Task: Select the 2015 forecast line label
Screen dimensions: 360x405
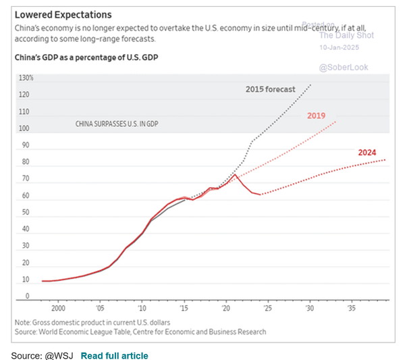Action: [270, 89]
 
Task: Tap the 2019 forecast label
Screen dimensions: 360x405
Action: [317, 116]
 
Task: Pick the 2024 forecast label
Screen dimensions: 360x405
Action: [367, 152]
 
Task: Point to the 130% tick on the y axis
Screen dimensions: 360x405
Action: [26, 78]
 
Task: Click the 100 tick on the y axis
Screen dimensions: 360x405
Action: [25, 128]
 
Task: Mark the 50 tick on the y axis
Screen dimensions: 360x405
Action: [26, 212]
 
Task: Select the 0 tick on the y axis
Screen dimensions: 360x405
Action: [28, 296]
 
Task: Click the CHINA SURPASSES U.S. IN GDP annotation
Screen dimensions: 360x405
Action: [115, 124]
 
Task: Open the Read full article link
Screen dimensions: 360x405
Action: [114, 355]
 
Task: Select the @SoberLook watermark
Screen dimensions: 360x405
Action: [341, 68]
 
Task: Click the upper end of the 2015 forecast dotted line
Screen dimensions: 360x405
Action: [310, 85]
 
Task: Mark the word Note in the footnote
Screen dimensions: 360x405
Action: [23, 322]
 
